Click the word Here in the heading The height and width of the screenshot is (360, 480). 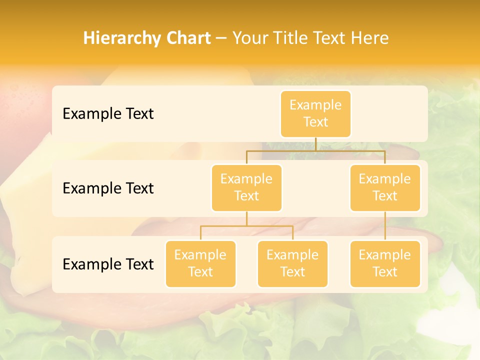click(370, 38)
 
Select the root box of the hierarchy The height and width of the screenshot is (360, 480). click(315, 113)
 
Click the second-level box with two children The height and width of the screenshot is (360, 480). click(246, 187)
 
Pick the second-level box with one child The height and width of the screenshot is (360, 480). click(385, 187)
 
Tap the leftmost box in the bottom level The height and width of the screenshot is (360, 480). click(200, 263)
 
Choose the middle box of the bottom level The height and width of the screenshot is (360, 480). click(292, 263)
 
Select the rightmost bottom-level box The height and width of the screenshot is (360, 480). click(385, 263)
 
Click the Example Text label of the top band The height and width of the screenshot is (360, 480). click(108, 114)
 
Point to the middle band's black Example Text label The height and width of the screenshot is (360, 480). click(108, 188)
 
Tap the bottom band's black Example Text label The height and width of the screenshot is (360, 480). click(108, 264)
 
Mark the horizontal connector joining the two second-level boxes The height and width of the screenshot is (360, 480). click(280, 150)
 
